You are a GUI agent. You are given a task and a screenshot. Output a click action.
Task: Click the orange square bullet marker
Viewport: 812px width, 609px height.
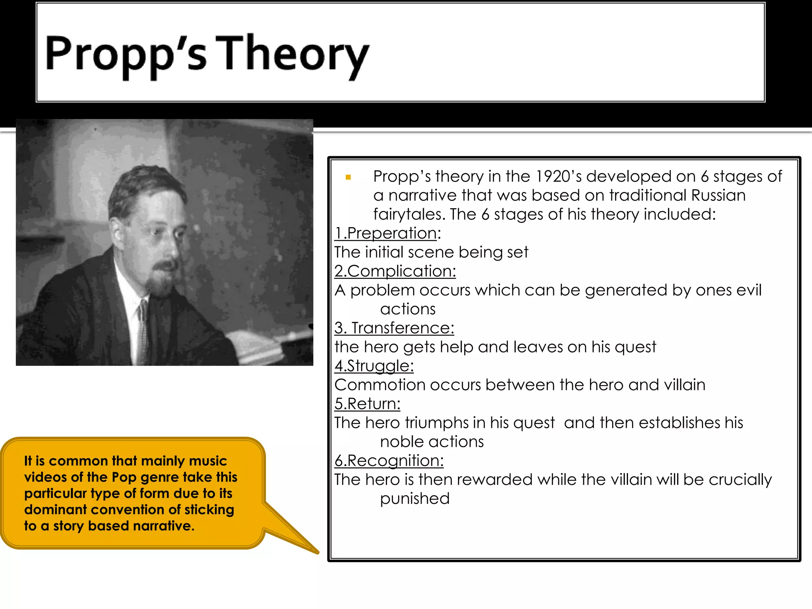coord(348,177)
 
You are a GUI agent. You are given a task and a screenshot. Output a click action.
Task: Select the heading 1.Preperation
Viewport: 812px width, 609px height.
coord(387,233)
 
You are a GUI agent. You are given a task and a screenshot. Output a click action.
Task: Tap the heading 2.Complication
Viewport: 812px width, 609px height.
coord(395,271)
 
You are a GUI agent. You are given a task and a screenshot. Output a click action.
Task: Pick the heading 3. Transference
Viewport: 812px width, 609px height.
coord(394,328)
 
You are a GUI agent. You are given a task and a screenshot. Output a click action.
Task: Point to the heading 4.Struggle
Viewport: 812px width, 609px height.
coord(374,366)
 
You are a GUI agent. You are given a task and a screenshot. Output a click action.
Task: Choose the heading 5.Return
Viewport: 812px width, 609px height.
coord(367,404)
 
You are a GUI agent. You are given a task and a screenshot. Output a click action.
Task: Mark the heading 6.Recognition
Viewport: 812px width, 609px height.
coord(389,461)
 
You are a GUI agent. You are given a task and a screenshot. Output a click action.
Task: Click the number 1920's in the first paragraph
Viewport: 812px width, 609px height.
coord(559,176)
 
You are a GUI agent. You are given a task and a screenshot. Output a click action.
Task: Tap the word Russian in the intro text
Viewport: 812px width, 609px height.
coord(718,195)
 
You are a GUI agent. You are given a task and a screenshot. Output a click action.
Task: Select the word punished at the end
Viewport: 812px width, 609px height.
coord(415,499)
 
